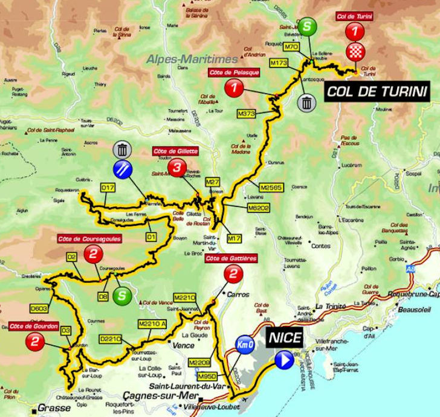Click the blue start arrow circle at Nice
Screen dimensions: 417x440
[x=283, y=361]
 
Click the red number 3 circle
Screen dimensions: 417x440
[x=176, y=168]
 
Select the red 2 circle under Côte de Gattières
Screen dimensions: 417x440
[x=232, y=276]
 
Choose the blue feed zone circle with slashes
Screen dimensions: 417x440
[x=123, y=169]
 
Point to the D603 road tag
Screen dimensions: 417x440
[x=39, y=308]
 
